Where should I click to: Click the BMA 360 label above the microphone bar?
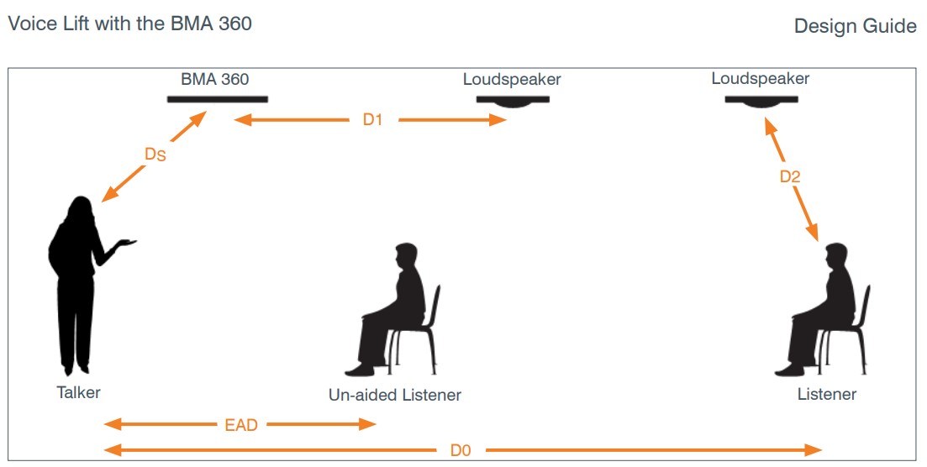214,79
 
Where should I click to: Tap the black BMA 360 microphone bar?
217,99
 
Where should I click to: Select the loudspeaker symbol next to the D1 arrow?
512,100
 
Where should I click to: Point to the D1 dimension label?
372,120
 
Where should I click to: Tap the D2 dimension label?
790,176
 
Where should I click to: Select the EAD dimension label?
240,424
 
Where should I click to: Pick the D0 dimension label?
460,450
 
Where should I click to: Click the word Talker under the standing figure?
78,391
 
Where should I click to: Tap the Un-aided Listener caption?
395,395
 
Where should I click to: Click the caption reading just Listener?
827,394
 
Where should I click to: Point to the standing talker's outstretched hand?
125,243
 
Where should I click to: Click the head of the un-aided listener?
406,255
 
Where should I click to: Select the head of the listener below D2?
836,255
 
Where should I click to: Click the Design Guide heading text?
855,27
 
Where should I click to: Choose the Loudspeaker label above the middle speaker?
512,80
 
